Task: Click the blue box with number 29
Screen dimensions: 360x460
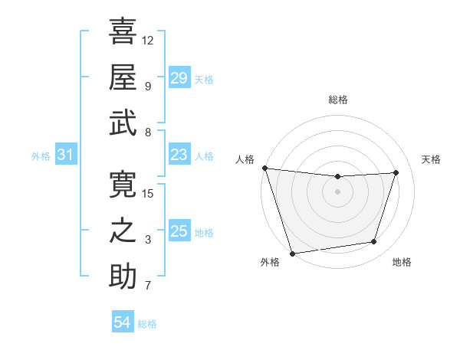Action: click(179, 77)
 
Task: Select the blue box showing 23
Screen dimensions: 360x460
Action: click(179, 155)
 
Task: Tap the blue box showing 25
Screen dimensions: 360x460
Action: click(179, 231)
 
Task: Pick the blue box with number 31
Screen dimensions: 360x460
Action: click(65, 155)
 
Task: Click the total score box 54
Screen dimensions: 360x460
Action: click(122, 322)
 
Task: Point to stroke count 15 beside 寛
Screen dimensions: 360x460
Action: click(149, 193)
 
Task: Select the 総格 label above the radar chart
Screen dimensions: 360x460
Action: click(337, 100)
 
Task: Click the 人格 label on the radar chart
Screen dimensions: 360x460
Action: click(245, 159)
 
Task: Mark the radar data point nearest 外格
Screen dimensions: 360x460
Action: click(292, 253)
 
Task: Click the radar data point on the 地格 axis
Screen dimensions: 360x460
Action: click(374, 242)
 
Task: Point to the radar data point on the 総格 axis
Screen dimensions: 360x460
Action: click(337, 177)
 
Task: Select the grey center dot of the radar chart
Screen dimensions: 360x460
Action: click(337, 191)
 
